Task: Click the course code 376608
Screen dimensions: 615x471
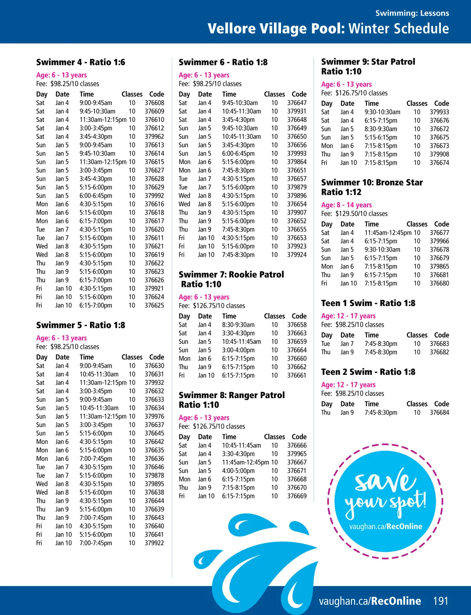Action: (x=154, y=103)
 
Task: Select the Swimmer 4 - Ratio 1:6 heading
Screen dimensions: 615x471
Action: (x=80, y=62)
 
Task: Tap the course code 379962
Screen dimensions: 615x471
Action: (x=154, y=136)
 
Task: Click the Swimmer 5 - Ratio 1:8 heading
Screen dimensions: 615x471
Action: (x=80, y=325)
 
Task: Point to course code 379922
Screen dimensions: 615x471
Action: (x=154, y=543)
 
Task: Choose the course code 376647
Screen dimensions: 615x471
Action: (x=297, y=103)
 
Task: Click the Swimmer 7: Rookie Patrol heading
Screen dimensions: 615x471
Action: (x=231, y=274)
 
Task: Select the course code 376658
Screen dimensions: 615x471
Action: (x=297, y=325)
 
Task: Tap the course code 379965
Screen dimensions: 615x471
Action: (x=297, y=454)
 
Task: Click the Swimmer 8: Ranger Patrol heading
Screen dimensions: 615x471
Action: (x=232, y=395)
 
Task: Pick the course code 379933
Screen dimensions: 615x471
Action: (x=439, y=112)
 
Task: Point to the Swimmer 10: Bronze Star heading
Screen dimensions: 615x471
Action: (x=372, y=182)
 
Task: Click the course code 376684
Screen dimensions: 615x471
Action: (x=439, y=412)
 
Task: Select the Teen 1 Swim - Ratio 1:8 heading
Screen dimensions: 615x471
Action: (x=368, y=303)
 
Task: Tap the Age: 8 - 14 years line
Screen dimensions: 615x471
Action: (x=346, y=205)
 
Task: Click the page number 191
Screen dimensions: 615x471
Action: (x=440, y=601)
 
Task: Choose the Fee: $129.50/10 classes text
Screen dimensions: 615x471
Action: (x=354, y=214)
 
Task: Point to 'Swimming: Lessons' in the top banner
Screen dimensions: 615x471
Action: (x=412, y=13)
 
